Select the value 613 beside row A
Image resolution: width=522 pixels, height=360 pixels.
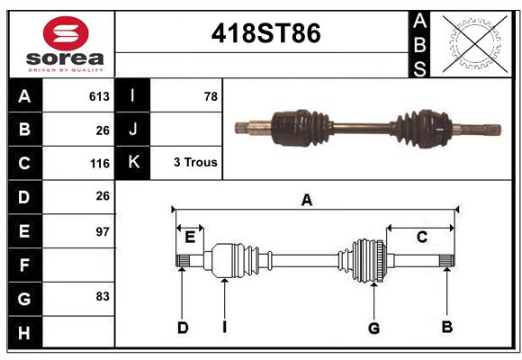point(99,96)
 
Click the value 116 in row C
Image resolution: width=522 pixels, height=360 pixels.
point(99,164)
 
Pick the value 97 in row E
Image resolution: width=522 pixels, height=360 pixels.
point(102,231)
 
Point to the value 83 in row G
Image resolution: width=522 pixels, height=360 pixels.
point(102,296)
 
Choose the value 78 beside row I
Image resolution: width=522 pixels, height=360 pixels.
point(211,96)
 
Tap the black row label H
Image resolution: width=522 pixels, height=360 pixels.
point(24,332)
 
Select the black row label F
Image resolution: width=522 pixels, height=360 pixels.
point(24,265)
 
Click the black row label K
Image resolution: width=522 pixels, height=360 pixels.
point(133,163)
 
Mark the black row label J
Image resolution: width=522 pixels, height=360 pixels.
point(133,130)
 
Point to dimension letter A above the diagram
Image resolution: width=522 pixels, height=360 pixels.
point(307,200)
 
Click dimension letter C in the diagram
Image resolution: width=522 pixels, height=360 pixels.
point(421,237)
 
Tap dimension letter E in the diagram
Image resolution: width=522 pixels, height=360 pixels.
point(189,238)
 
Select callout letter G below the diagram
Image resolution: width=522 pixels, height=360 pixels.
point(373,328)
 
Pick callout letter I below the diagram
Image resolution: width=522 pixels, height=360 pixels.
point(224,328)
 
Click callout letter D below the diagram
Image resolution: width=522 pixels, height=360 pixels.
point(182,328)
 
